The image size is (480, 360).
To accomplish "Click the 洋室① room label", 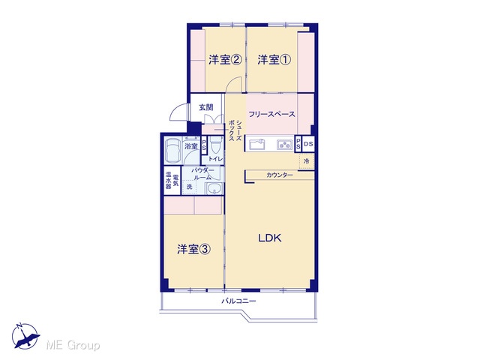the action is click(x=274, y=60).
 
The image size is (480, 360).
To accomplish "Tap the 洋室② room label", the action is click(x=225, y=60).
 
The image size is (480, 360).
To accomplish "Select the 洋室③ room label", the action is click(x=193, y=249).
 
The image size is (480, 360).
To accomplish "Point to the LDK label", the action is click(x=270, y=238).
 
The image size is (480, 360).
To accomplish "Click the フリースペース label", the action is click(x=271, y=114).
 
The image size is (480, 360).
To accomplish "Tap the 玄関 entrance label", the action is click(x=206, y=107).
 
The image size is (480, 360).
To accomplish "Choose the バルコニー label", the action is click(x=238, y=301).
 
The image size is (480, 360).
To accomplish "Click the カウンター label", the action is click(x=280, y=175).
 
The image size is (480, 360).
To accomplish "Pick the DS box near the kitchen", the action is click(x=308, y=144).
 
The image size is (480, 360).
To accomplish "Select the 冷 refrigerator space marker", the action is click(x=307, y=161).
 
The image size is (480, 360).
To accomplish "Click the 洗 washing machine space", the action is click(x=190, y=187).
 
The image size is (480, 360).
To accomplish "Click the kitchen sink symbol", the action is click(x=256, y=144).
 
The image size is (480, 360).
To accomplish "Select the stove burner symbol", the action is click(x=285, y=144).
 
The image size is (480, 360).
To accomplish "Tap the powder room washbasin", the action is click(x=214, y=189).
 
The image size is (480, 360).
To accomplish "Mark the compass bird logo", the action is click(x=25, y=336).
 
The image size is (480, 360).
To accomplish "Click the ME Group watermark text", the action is click(x=73, y=345).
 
